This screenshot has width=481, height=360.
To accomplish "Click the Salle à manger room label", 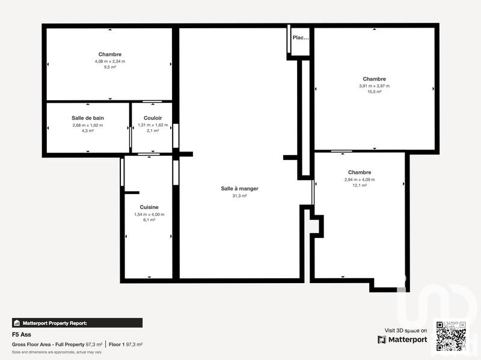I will pos(240,189).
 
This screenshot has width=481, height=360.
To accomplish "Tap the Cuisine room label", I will pos(149,207).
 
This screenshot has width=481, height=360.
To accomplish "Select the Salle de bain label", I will pos(88,118).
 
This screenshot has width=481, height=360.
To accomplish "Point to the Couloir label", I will pos(153,118).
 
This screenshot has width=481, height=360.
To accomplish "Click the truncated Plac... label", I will pos(300,37).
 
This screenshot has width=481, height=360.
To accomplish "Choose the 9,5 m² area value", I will pos(109,67).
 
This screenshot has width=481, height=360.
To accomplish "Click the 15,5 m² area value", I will pos(374,92).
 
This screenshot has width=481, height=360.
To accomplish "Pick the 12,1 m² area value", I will pos(359,185).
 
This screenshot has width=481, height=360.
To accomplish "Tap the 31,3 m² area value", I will pos(240,196).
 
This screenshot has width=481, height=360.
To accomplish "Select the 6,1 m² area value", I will pos(149,220).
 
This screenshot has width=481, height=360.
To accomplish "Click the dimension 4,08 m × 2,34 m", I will pos(109,61).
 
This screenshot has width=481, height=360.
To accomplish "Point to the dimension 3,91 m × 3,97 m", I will pos(374,86).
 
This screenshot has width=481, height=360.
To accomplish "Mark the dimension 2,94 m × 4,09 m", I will pos(359,179).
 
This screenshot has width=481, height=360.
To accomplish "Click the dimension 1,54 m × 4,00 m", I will pos(149,214).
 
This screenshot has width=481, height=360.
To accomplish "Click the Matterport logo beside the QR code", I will pos(402,340).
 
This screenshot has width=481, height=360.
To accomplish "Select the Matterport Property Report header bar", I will pos(77,323).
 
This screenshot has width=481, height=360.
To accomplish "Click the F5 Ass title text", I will pos(21,334).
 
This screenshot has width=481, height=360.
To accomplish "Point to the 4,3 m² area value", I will pos(88,130).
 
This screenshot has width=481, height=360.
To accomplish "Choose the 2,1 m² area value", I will pos(153,130).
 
